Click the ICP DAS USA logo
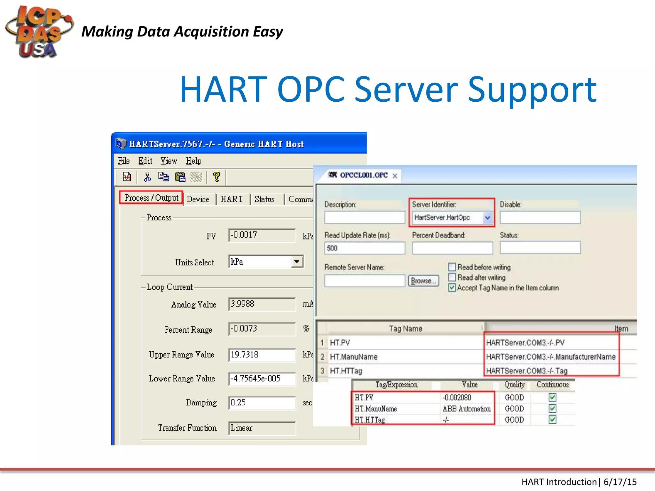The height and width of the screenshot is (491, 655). point(39,32)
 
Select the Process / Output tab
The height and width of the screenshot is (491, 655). point(151,198)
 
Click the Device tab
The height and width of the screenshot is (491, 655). point(198,199)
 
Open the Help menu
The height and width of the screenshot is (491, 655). point(193,161)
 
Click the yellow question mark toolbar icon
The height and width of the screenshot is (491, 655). point(217,177)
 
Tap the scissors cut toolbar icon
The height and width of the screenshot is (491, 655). point(147,177)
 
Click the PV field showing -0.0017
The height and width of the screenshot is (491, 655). point(262,235)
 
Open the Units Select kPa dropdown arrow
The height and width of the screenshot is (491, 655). point(297,262)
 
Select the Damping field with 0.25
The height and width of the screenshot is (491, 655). point(262,402)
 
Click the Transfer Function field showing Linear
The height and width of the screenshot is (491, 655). point(262,428)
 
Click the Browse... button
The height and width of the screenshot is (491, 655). point(423,281)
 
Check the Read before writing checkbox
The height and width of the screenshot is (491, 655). point(452,267)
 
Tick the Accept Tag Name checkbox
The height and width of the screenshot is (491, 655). point(452,288)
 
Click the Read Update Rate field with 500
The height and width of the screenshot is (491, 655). point(364,248)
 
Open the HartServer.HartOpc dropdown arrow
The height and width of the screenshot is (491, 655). point(487,218)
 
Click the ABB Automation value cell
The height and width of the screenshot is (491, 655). point(466,409)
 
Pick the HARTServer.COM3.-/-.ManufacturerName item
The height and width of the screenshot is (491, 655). point(550,357)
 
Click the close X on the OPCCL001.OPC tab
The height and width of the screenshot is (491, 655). point(395,176)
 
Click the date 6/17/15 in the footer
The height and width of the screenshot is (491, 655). point(620,482)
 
